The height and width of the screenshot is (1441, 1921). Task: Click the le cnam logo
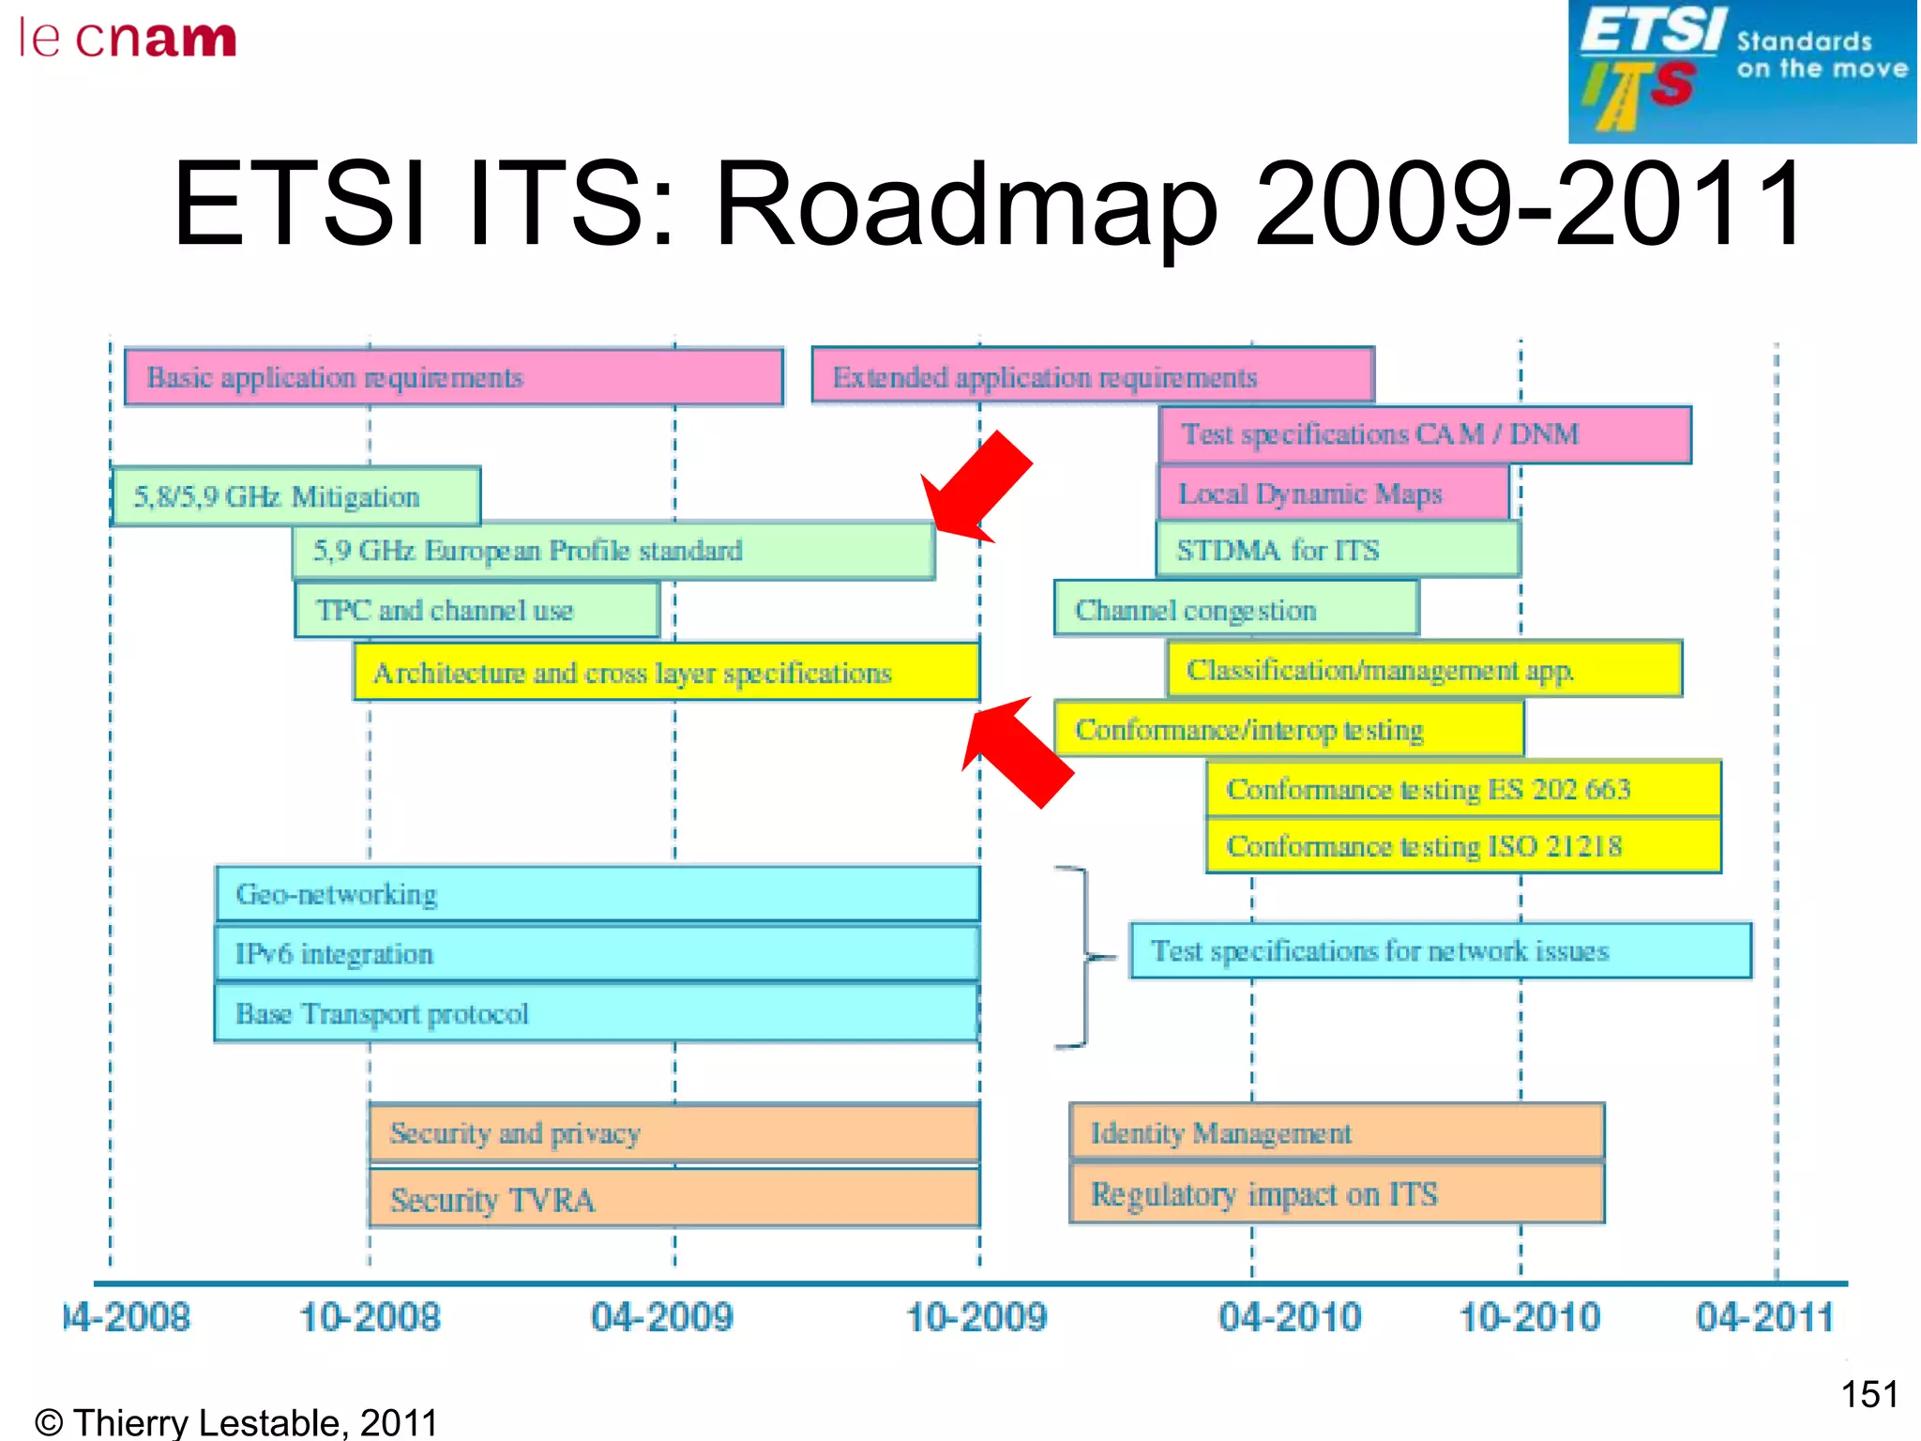click(128, 39)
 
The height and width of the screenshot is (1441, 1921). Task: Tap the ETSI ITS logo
click(1741, 71)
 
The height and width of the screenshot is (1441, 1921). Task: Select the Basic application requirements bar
click(453, 377)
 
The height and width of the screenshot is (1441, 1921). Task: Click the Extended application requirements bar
click(1093, 376)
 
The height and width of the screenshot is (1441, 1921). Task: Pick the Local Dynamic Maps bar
click(1333, 493)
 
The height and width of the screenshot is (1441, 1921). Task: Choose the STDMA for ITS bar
click(1338, 550)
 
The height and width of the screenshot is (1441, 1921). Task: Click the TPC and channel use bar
click(476, 610)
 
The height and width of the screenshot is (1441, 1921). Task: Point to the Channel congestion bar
click(1235, 610)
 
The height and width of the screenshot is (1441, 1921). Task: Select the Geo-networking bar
click(597, 894)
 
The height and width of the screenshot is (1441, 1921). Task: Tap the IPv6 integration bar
click(597, 954)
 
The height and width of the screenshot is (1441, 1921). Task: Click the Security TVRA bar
click(673, 1199)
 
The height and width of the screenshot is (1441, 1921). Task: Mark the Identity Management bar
click(1337, 1133)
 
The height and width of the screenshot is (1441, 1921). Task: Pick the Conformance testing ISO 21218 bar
click(1463, 846)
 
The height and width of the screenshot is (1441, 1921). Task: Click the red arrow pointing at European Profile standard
click(976, 488)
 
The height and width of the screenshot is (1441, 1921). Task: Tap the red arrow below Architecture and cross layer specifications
click(1017, 751)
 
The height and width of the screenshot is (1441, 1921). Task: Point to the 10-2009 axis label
click(976, 1317)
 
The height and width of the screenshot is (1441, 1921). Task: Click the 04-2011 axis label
click(1763, 1317)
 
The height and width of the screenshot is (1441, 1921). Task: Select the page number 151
click(1868, 1394)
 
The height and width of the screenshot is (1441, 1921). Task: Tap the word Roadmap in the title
click(966, 205)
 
